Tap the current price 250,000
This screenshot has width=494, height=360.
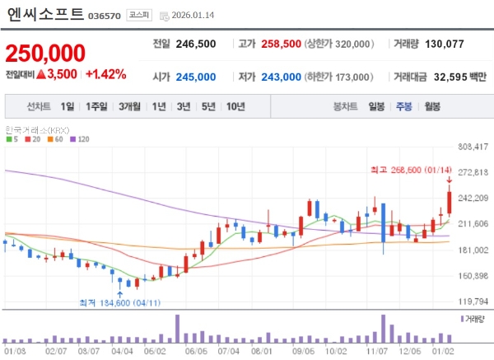tap(45, 54)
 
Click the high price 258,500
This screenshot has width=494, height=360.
tap(280, 44)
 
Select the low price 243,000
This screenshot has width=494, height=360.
tap(281, 75)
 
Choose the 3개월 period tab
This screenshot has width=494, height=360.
tap(130, 106)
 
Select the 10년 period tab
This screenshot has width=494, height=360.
tap(235, 106)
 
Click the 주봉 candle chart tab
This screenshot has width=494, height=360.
tap(403, 106)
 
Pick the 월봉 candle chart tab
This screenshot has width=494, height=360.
tap(431, 106)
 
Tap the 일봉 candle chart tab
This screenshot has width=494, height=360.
tap(376, 106)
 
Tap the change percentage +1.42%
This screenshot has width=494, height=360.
tap(105, 74)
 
